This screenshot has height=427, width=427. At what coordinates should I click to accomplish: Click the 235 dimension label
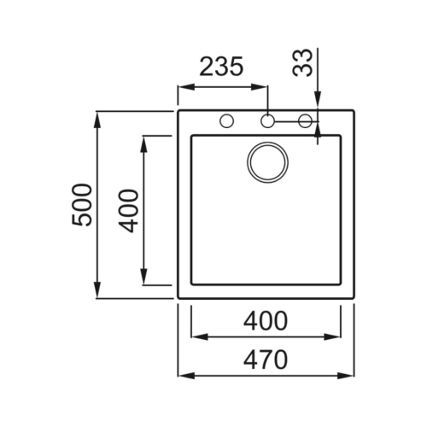[x=221, y=67]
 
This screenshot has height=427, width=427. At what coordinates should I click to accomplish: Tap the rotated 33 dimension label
[x=302, y=62]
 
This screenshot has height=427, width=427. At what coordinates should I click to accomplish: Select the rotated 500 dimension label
[x=82, y=205]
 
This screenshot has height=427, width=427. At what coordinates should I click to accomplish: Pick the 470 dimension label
[x=266, y=360]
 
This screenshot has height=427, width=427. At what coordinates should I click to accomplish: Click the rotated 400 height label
[x=128, y=211]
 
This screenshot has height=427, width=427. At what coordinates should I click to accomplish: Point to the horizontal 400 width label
[x=266, y=320]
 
